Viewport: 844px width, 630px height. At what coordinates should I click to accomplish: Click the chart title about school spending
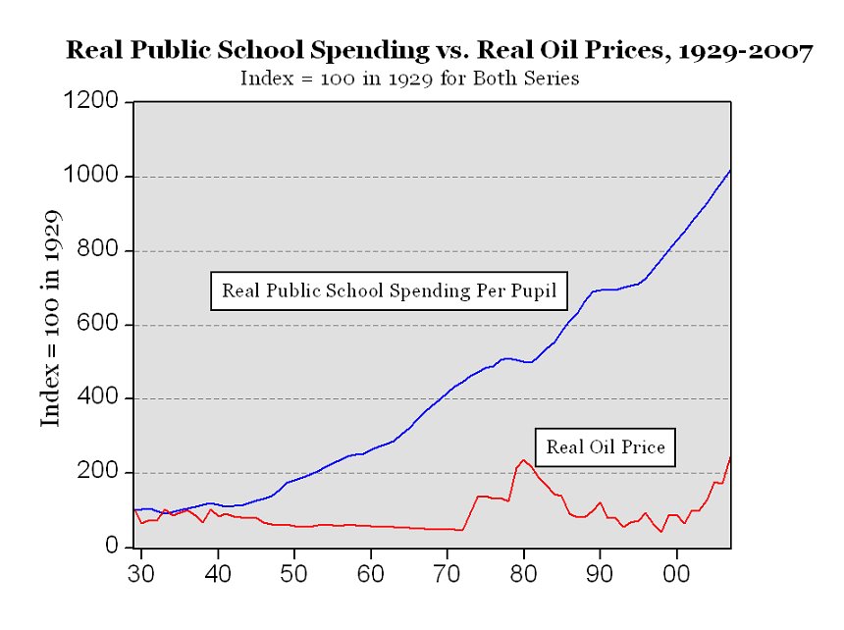[439, 51]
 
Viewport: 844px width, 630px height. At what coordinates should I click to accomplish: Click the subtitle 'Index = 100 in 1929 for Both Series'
[409, 79]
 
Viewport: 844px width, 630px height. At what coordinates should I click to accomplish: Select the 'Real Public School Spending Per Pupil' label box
[389, 291]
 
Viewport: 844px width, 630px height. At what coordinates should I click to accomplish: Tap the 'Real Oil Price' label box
[606, 447]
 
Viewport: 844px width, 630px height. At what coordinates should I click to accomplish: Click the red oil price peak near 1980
[523, 459]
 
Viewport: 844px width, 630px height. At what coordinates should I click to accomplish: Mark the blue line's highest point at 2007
[730, 170]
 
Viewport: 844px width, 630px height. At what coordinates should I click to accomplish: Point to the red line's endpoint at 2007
[730, 457]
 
